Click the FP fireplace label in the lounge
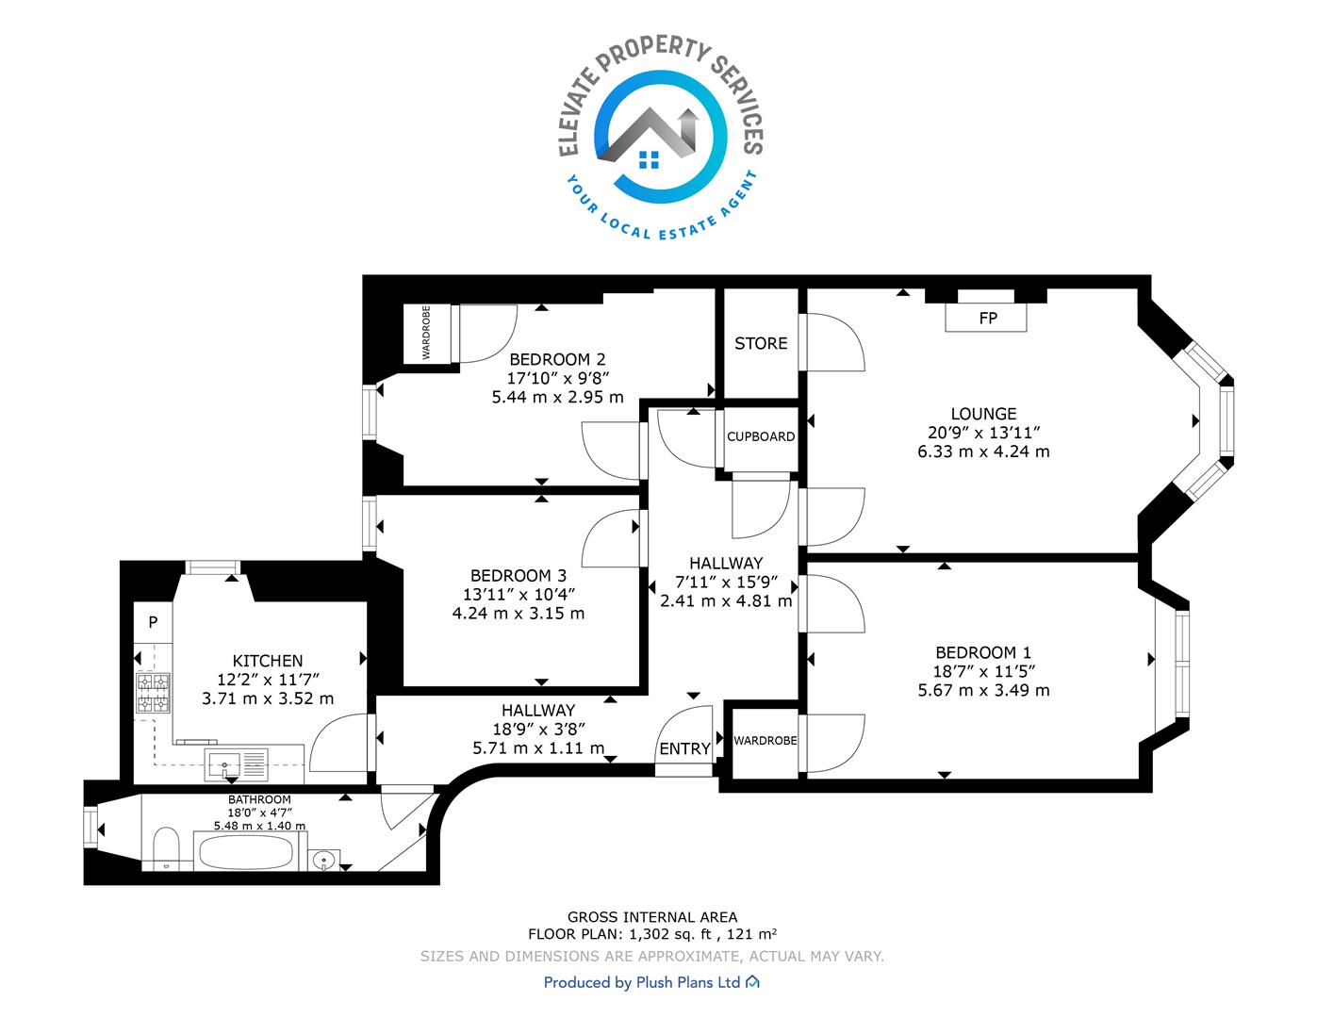click(987, 319)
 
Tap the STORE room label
click(761, 343)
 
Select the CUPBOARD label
click(761, 436)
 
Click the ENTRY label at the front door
click(684, 749)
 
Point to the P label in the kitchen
click(153, 622)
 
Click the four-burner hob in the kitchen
click(153, 693)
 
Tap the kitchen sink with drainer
click(237, 764)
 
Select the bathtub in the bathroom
click(246, 852)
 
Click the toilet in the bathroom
click(166, 849)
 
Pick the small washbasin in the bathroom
click(324, 860)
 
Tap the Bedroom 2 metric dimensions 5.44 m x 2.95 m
click(557, 398)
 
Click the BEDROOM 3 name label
click(519, 575)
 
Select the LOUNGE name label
click(983, 414)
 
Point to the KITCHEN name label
click(268, 661)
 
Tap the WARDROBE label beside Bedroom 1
click(765, 741)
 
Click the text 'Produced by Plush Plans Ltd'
click(641, 982)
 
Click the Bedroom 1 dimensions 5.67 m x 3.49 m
click(983, 690)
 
